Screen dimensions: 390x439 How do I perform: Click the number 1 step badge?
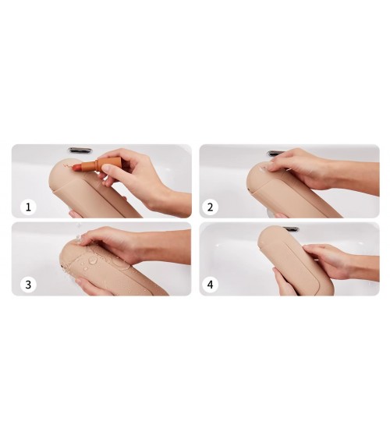tap(28, 207)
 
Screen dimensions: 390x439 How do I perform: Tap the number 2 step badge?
tap(210, 207)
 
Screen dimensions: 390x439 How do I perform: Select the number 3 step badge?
tap(28, 285)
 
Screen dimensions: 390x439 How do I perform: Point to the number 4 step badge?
tap(210, 285)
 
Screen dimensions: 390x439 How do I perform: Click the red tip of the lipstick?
tap(76, 168)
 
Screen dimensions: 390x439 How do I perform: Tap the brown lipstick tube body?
tap(89, 164)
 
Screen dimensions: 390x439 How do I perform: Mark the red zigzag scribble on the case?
tap(67, 166)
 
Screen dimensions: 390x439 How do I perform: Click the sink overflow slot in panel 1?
tap(80, 150)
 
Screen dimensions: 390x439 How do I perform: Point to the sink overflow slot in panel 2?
tap(276, 153)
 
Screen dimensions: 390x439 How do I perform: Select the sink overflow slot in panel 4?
tap(291, 229)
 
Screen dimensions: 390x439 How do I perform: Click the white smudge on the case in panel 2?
tap(264, 169)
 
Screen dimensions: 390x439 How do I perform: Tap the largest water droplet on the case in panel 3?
tap(93, 260)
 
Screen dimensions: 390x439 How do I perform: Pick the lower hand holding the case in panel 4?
tap(284, 283)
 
